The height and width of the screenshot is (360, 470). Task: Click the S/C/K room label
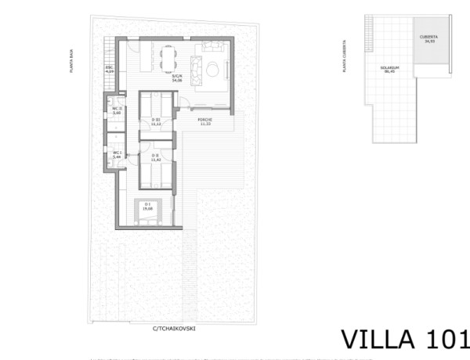click(175, 76)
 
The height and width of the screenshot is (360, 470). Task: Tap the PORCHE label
click(206, 120)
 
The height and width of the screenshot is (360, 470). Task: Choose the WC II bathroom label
click(117, 110)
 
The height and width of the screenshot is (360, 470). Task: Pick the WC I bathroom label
click(117, 153)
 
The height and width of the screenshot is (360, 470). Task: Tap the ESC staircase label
click(110, 68)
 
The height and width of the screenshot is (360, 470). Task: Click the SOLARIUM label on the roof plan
click(390, 68)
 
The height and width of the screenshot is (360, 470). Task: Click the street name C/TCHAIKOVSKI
click(175, 329)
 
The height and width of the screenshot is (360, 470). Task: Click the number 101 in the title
click(448, 339)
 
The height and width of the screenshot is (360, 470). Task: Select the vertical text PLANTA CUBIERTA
click(345, 59)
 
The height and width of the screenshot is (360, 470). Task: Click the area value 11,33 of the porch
click(206, 124)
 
